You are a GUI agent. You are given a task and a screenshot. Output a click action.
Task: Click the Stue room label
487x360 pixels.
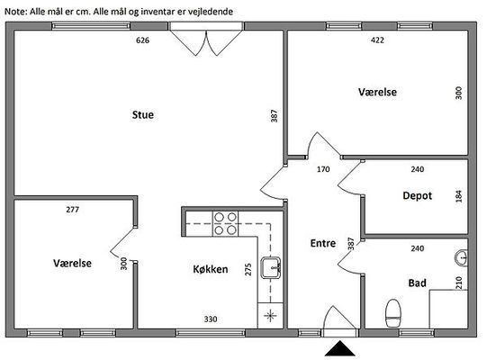(143, 115)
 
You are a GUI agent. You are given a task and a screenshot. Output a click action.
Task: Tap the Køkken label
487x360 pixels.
(211, 269)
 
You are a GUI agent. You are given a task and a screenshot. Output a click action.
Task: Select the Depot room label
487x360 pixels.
(417, 195)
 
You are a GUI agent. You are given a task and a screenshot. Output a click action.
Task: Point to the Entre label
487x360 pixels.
(323, 243)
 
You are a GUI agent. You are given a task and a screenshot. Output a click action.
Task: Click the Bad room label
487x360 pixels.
(417, 283)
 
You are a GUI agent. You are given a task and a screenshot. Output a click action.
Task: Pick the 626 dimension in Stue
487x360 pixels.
(142, 40)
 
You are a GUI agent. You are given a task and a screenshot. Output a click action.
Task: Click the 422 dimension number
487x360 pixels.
(377, 40)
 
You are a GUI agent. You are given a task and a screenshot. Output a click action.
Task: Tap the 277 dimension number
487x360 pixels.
(72, 210)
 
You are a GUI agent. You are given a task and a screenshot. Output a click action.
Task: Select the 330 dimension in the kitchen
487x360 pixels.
(211, 319)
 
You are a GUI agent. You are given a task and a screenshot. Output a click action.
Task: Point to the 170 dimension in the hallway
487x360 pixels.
(323, 169)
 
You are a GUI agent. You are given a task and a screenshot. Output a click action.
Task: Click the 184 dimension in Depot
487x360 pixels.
(459, 196)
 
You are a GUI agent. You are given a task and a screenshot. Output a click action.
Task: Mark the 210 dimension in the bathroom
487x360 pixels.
(459, 283)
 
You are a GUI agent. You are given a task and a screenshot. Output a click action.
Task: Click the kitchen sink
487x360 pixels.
(271, 267)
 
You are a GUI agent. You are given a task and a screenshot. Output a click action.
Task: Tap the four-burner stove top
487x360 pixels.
(225, 223)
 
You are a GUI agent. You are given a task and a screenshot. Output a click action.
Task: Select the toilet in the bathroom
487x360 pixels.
(392, 313)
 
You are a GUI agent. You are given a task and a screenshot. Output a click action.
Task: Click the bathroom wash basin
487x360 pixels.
(462, 257)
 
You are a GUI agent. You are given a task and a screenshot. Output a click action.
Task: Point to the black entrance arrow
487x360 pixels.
(340, 348)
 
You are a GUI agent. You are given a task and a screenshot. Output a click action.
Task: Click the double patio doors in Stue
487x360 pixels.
(206, 39)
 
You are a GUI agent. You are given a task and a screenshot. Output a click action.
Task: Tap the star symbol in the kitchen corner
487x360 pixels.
(270, 316)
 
